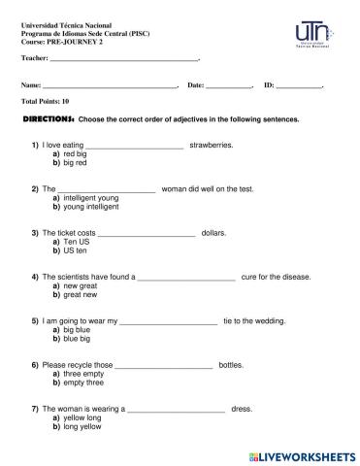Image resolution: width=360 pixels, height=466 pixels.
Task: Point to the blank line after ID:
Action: [298, 86]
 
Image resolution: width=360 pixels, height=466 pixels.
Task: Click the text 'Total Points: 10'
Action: [45, 101]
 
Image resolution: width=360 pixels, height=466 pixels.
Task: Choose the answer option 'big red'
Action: [75, 162]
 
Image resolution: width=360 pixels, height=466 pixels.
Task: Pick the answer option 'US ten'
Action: [75, 250]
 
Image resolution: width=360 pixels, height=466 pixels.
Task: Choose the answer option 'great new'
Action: [80, 295]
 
